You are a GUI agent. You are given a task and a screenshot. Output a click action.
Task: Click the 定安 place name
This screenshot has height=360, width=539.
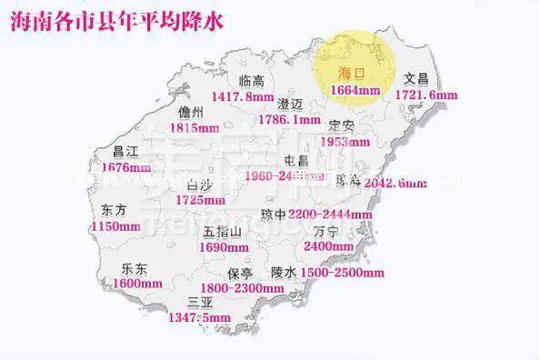(x=343, y=125)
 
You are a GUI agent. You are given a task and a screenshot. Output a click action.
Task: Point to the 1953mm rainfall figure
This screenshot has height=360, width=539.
(x=348, y=142)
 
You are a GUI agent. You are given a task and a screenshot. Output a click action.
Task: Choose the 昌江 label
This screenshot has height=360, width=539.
(x=125, y=152)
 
